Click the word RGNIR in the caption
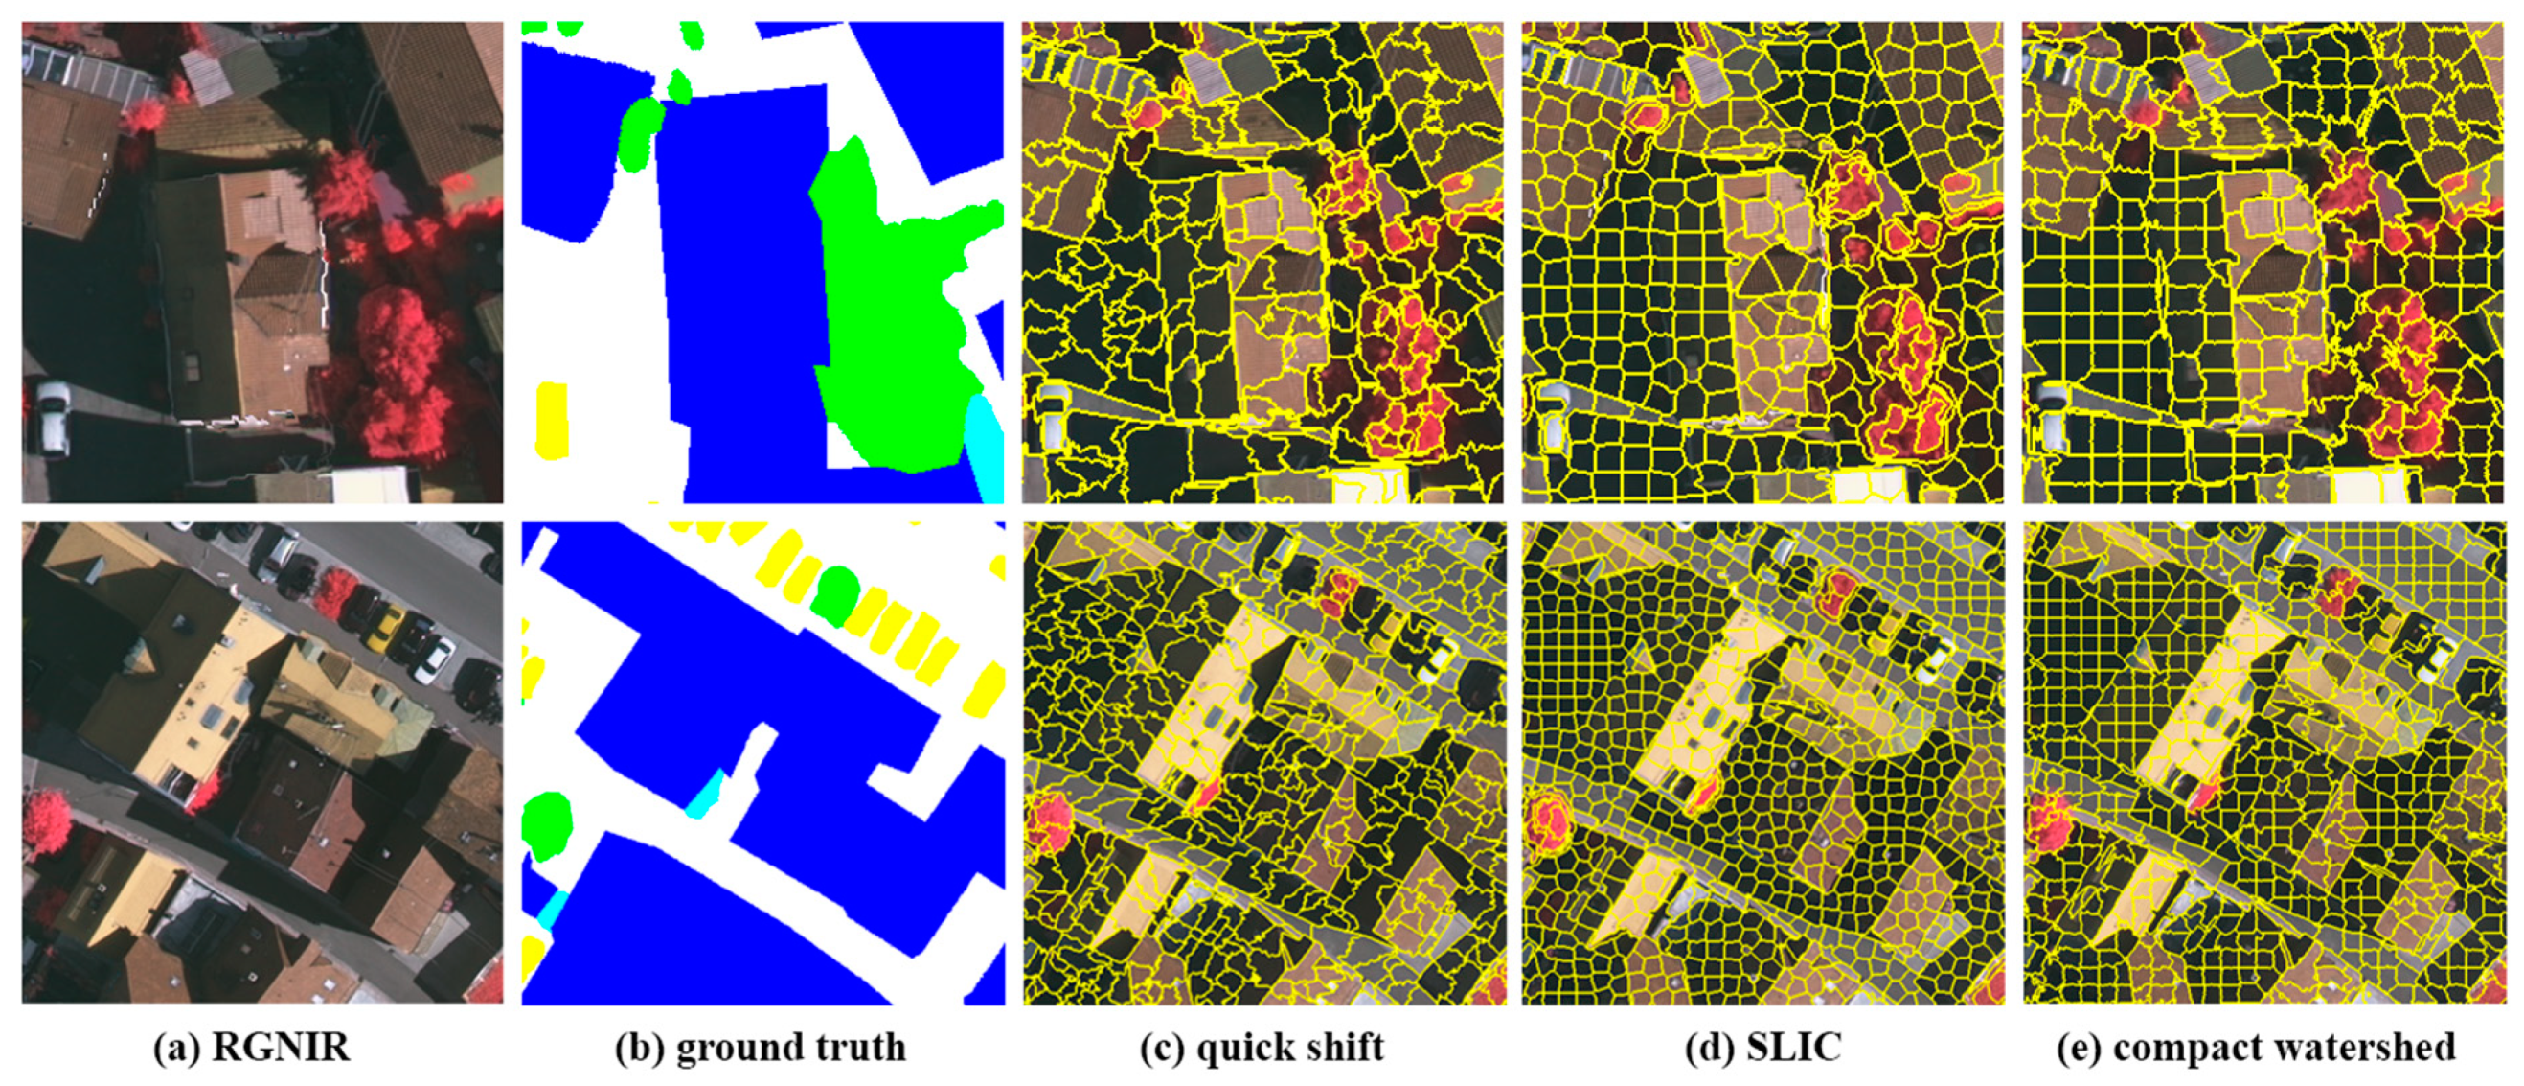click(282, 1047)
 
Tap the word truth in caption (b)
click(850, 1047)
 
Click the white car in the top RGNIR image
click(51, 417)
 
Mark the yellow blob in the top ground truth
click(552, 420)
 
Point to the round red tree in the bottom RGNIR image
click(46, 821)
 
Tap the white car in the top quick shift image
click(1053, 417)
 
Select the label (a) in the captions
click(173, 1047)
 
